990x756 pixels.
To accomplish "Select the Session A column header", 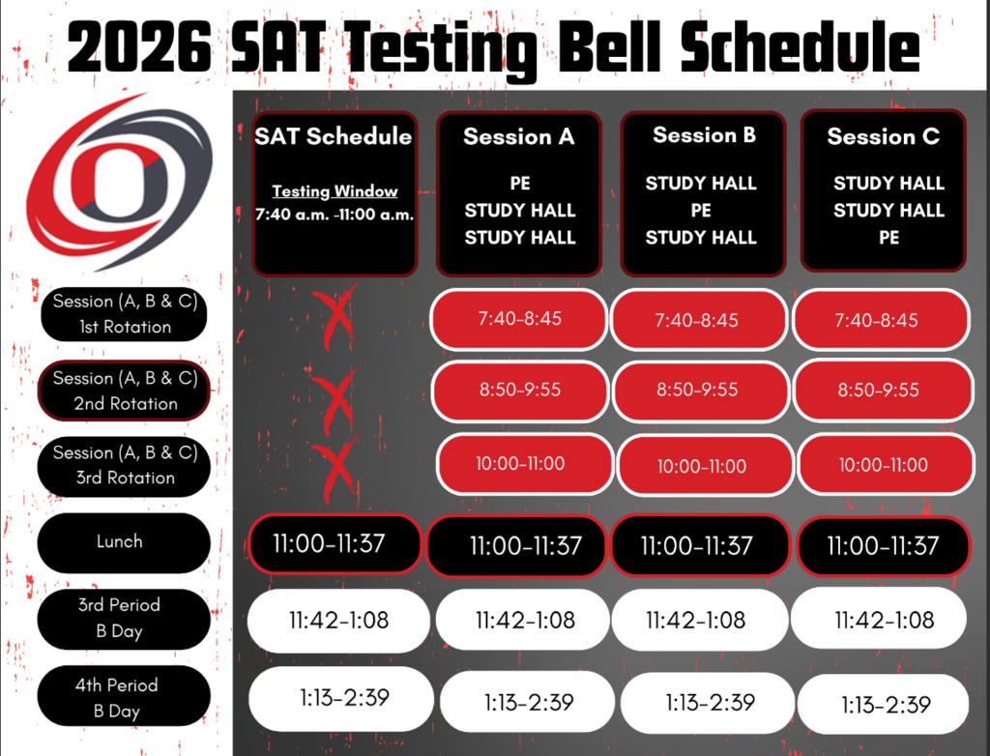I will tap(519, 137).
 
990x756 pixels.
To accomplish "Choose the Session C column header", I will tap(883, 137).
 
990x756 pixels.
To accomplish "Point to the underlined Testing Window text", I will tap(335, 191).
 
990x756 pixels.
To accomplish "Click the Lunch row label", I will tap(120, 541).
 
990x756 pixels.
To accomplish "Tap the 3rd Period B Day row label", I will tap(120, 618).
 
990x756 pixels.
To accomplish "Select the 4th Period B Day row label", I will tap(120, 697).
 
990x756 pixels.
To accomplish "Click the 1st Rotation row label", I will tap(125, 314).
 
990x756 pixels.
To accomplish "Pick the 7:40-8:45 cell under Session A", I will tap(520, 318).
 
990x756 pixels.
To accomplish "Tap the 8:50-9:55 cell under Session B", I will tap(698, 390).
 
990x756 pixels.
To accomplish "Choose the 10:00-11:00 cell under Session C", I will tap(884, 464).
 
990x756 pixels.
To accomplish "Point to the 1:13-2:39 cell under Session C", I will tap(884, 704).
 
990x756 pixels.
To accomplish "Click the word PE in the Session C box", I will tap(888, 237).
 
